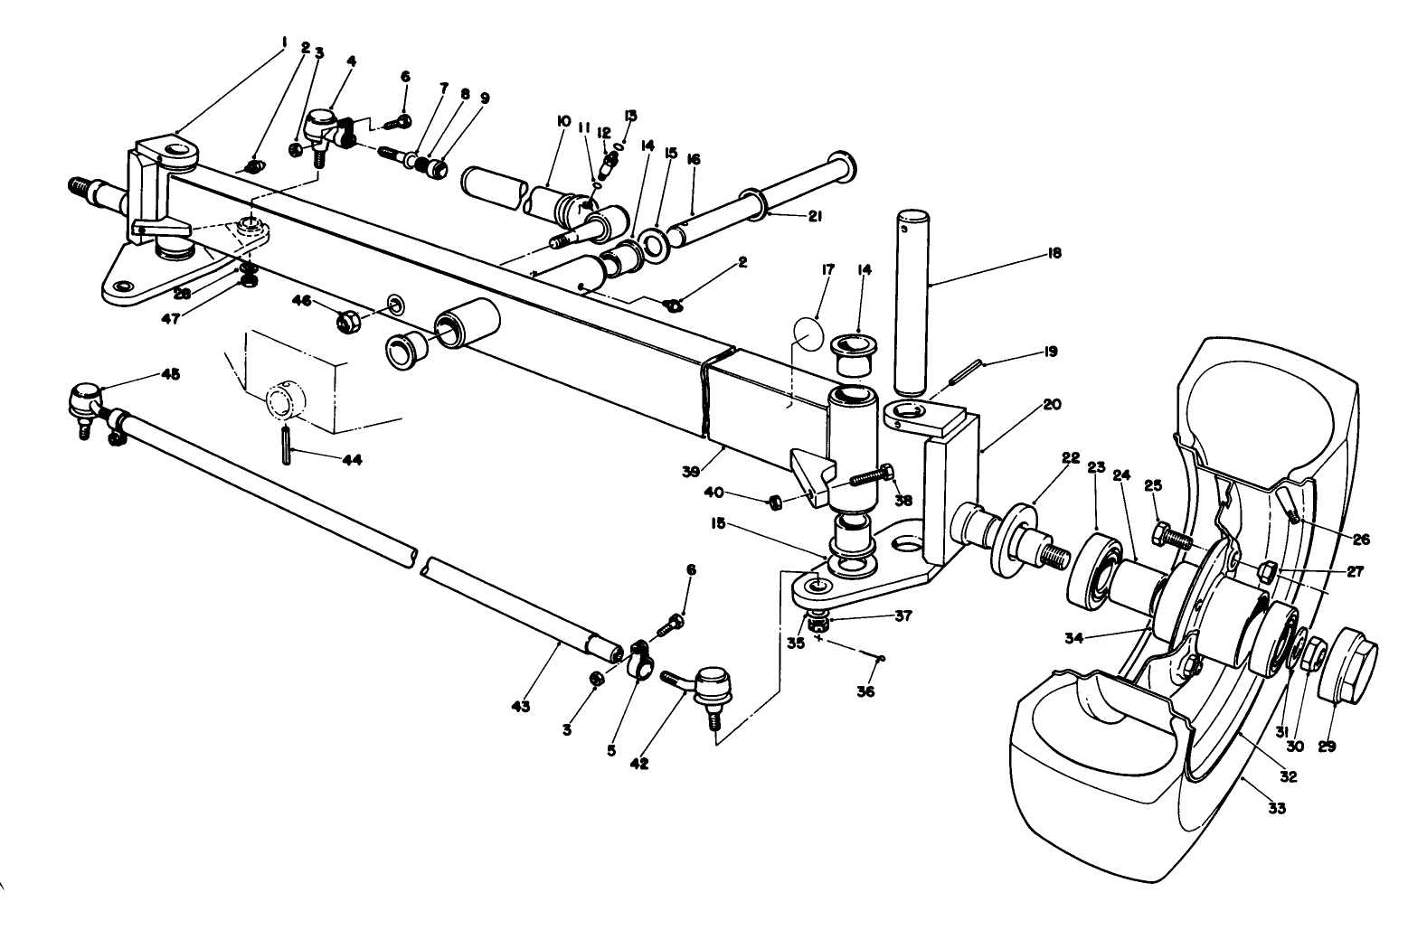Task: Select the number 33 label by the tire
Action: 1276,808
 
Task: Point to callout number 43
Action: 521,704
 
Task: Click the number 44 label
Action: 351,459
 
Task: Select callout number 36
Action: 865,692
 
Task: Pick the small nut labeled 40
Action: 775,501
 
